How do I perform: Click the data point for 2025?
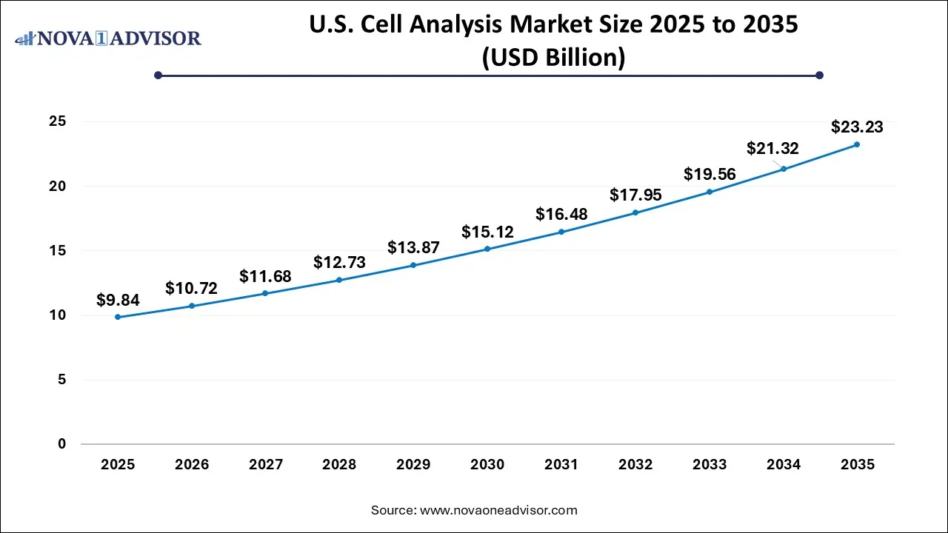click(118, 317)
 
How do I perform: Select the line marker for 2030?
click(487, 249)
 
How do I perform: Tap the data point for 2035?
click(857, 144)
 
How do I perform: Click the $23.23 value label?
click(857, 127)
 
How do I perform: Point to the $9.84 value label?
click(118, 300)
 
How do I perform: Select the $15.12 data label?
click(487, 232)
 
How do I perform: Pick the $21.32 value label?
click(773, 149)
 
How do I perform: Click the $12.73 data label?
click(339, 262)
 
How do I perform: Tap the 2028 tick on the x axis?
click(339, 465)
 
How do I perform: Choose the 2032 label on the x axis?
click(635, 465)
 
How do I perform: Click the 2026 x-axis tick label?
click(192, 465)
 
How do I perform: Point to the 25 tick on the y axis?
click(58, 121)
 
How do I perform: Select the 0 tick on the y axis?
click(62, 444)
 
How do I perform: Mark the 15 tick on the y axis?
click(58, 251)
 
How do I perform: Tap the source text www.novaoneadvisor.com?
click(498, 510)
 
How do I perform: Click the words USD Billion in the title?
click(554, 58)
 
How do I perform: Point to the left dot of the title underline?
click(158, 75)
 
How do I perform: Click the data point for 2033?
click(709, 192)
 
